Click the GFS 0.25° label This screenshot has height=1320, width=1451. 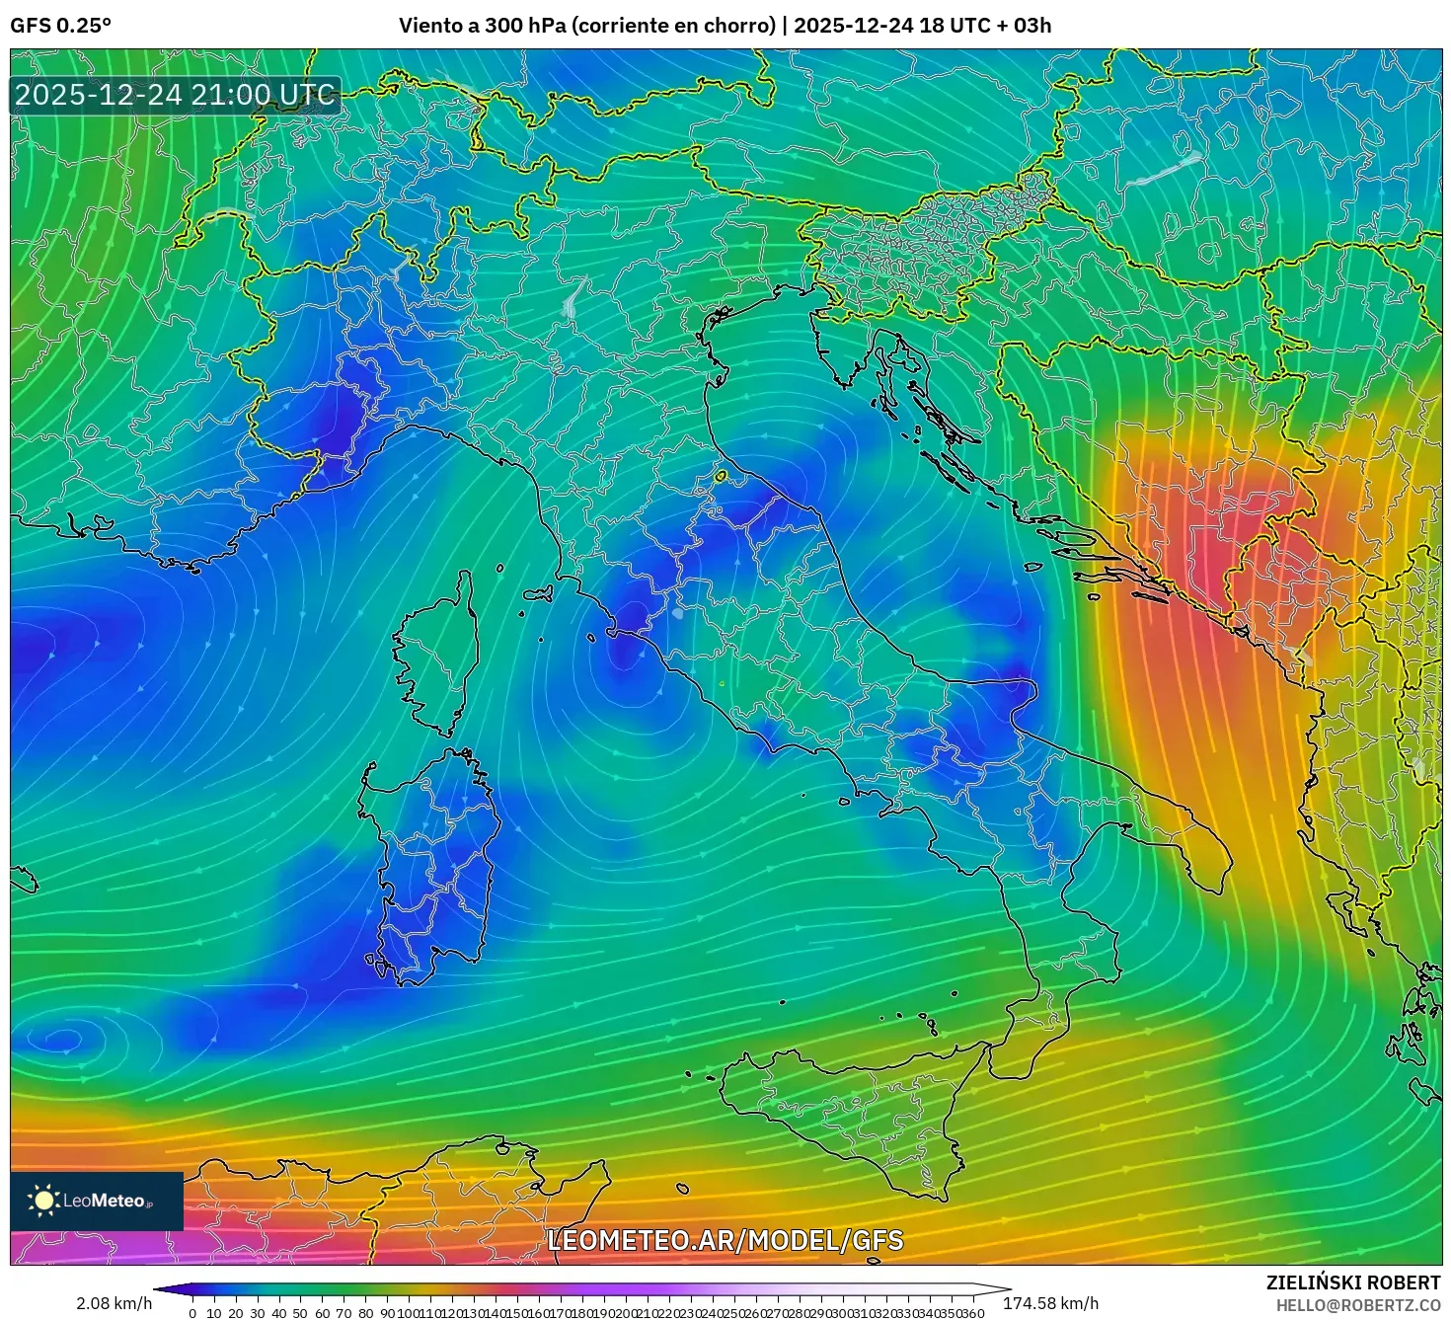pyautogui.click(x=60, y=26)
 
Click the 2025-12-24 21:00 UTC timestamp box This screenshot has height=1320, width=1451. pyautogui.click(x=175, y=95)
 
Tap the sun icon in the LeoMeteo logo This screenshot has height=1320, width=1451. pyautogui.click(x=43, y=1201)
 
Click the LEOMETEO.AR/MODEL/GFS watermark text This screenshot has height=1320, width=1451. pyautogui.click(x=725, y=1240)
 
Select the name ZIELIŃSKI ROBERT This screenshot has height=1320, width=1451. pyautogui.click(x=1353, y=1282)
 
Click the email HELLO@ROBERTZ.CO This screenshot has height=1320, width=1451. pyautogui.click(x=1358, y=1304)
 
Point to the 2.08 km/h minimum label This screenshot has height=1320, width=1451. pyautogui.click(x=114, y=1303)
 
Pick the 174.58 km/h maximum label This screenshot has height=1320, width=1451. pyautogui.click(x=1050, y=1303)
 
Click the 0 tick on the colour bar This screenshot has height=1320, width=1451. pyautogui.click(x=192, y=1313)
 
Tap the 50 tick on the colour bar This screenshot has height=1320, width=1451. pyautogui.click(x=301, y=1313)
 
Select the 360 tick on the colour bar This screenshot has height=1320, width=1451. pyautogui.click(x=973, y=1313)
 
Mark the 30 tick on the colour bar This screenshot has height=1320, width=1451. pyautogui.click(x=258, y=1313)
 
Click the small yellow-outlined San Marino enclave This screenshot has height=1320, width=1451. pyautogui.click(x=721, y=477)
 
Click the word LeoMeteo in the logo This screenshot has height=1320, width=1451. pyautogui.click(x=104, y=1202)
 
